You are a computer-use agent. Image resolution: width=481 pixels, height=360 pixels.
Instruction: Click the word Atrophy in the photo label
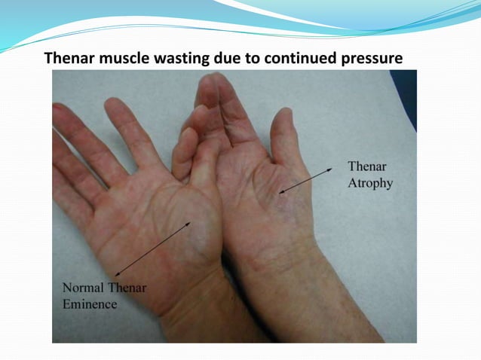pyautogui.click(x=369, y=183)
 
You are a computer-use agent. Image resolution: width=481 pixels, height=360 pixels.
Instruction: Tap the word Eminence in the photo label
pyautogui.click(x=89, y=304)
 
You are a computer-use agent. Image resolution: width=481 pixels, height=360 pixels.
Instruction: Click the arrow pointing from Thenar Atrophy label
pyautogui.click(x=305, y=182)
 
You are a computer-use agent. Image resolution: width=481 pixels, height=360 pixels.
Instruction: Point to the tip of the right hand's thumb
pyautogui.click(x=283, y=117)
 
